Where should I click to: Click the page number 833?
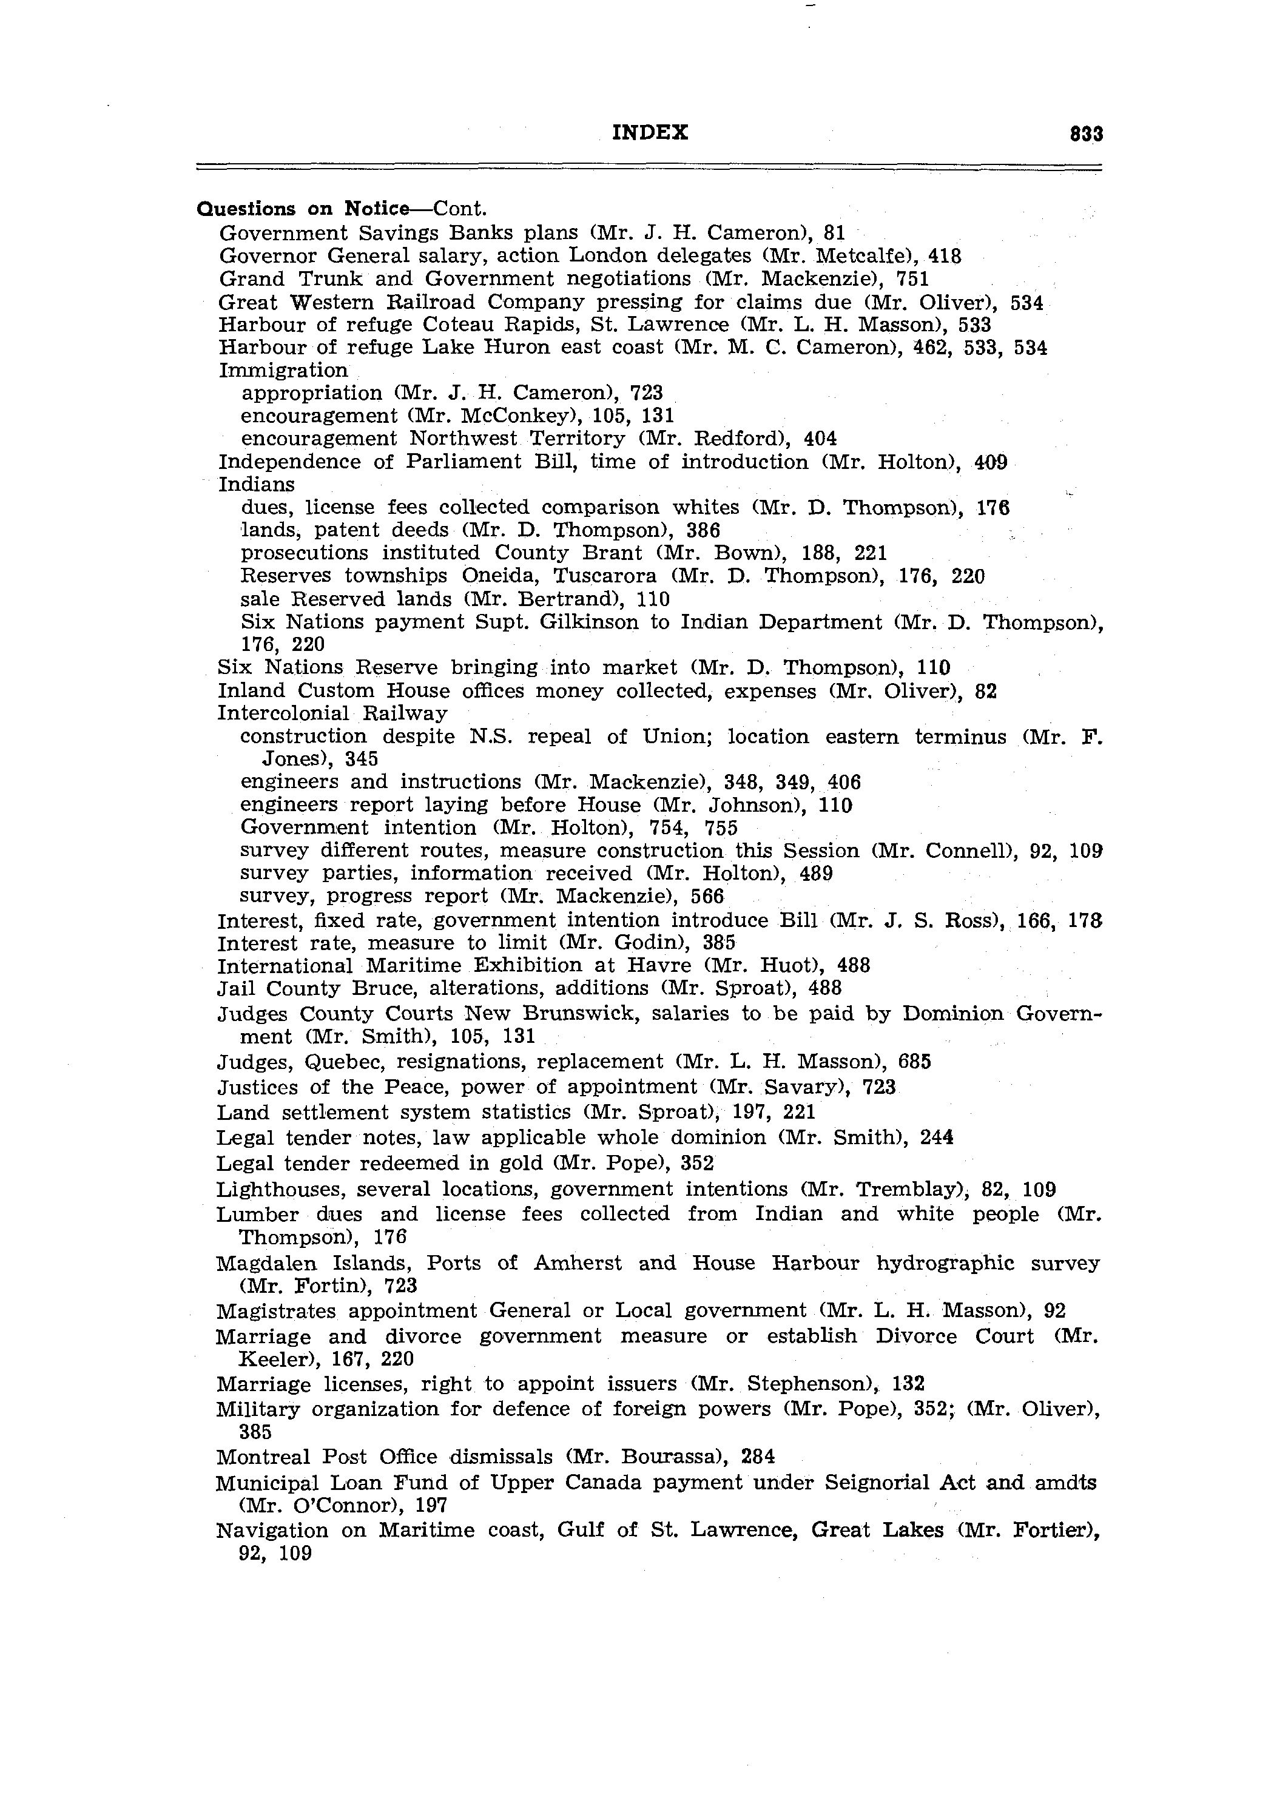(1085, 134)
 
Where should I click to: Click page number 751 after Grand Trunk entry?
(912, 279)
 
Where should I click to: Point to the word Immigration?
(283, 370)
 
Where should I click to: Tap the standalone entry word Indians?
(256, 484)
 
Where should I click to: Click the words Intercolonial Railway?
(332, 713)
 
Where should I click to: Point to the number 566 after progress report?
(707, 897)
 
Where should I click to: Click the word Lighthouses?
(280, 1189)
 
